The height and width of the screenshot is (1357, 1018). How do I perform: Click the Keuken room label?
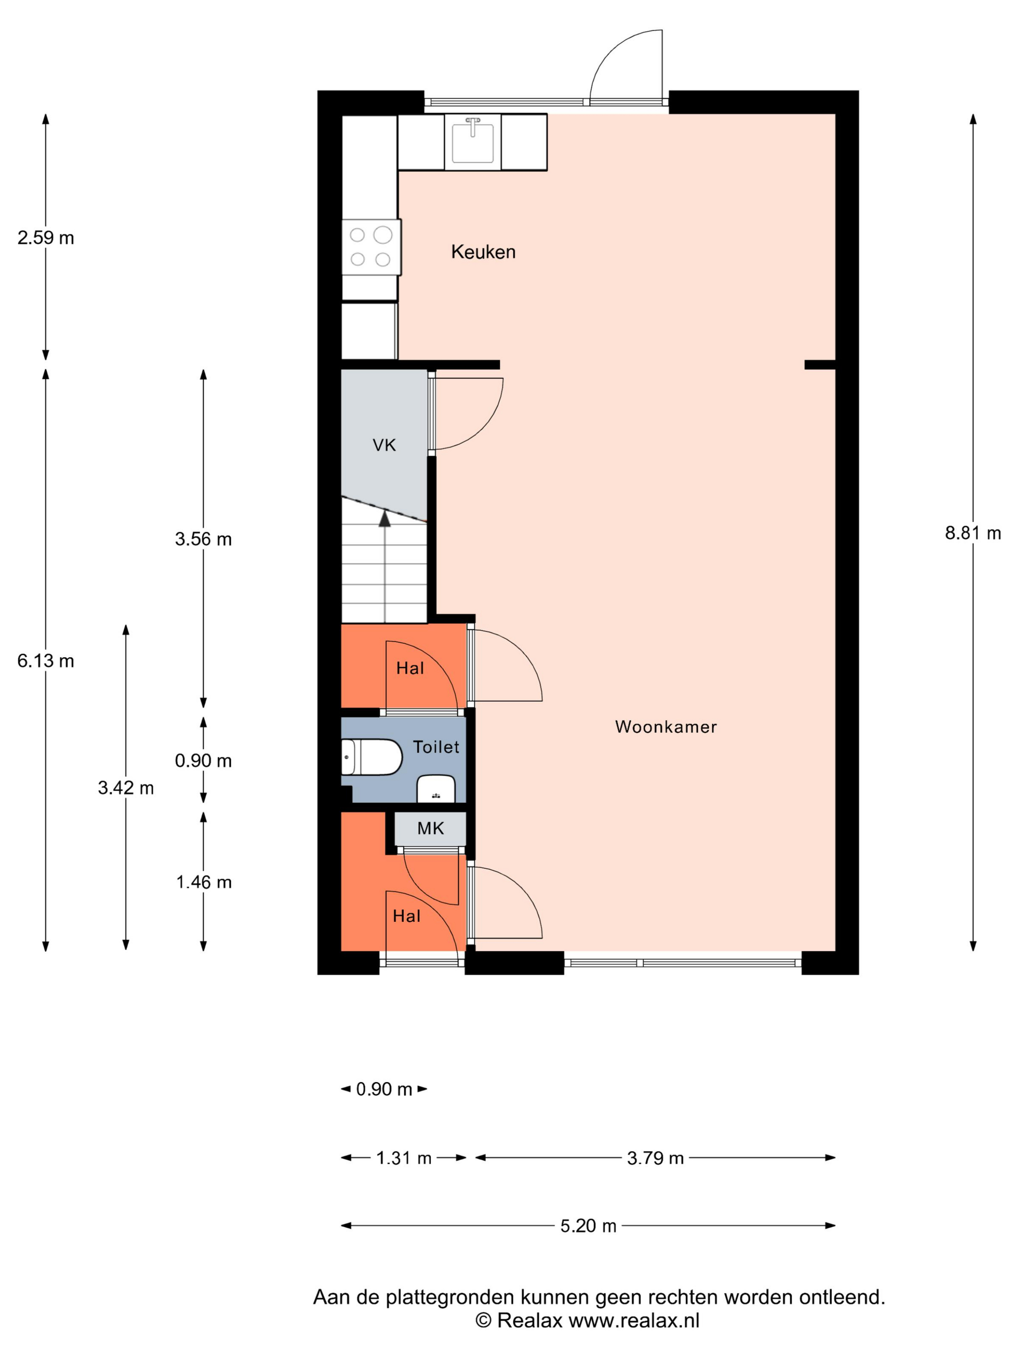[x=483, y=252]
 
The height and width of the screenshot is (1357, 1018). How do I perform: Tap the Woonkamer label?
[x=666, y=727]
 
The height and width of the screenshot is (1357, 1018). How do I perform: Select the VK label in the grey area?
[x=384, y=445]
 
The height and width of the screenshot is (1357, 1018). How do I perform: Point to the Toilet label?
[x=436, y=747]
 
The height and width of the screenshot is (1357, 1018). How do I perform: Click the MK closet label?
[x=430, y=828]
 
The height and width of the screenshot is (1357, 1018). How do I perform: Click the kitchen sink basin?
[x=473, y=142]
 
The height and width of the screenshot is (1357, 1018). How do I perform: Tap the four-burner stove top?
[x=371, y=247]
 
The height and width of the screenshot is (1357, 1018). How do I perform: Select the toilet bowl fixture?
[x=371, y=757]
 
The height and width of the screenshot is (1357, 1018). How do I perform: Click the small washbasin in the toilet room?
[x=436, y=789]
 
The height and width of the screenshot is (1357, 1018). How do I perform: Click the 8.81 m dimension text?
[x=972, y=533]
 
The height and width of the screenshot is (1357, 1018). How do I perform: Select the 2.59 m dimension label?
[x=46, y=237]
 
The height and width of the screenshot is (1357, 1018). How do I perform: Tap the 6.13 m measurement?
[x=46, y=661]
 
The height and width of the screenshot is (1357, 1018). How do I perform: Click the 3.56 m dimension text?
[x=203, y=539]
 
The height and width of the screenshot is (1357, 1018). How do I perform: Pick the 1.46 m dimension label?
[x=204, y=882]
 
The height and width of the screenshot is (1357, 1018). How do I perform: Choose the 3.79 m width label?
[x=655, y=1158]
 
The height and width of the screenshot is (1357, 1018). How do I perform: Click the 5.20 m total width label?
[x=588, y=1226]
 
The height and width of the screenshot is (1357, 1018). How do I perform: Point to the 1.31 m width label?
[x=404, y=1158]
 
